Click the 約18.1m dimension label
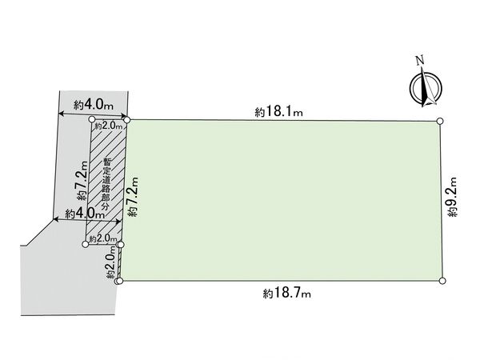[x=279, y=111]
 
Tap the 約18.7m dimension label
[x=287, y=294]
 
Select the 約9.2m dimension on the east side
[x=453, y=197]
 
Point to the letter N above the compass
[x=421, y=60]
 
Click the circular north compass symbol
[x=426, y=88]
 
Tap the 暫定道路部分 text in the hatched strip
[x=106, y=184]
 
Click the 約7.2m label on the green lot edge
[x=134, y=197]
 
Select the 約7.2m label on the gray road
[x=82, y=181]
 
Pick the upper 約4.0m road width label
[x=94, y=106]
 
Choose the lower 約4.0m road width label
[x=85, y=214]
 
